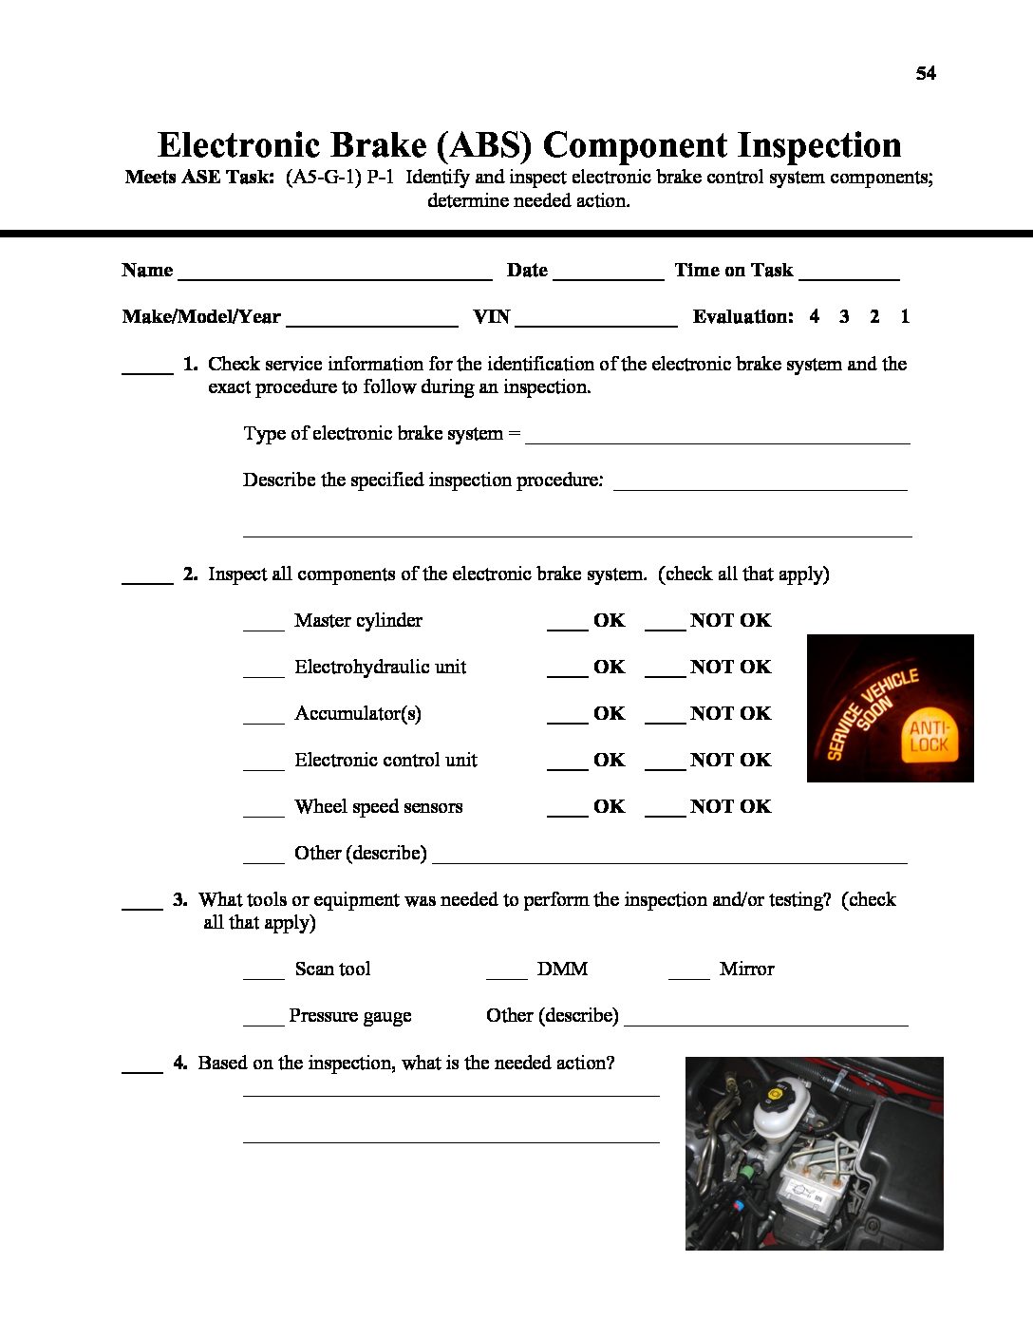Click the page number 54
(926, 73)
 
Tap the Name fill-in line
(334, 277)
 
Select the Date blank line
(608, 277)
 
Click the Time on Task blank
(849, 277)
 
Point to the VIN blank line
(595, 324)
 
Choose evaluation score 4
(814, 316)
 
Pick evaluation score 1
(905, 316)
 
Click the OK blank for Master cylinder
(567, 627)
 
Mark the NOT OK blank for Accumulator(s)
(665, 720)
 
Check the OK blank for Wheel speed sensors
(567, 813)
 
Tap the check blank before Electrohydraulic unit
(263, 673)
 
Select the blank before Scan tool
(263, 975)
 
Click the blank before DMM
(506, 975)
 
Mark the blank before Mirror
(688, 975)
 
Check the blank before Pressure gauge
(263, 1022)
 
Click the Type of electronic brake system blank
(717, 440)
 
